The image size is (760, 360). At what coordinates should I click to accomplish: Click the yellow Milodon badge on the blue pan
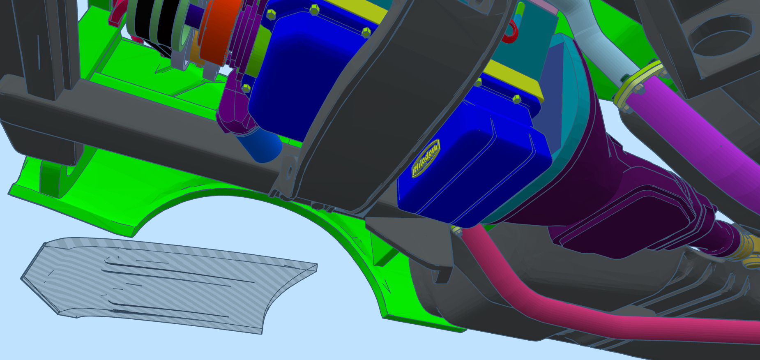tap(426, 159)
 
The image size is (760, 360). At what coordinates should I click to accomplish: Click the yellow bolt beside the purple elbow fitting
tap(246, 88)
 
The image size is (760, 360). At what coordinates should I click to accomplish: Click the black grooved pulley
tap(164, 25)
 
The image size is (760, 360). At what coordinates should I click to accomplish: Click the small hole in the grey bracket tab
tap(288, 169)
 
